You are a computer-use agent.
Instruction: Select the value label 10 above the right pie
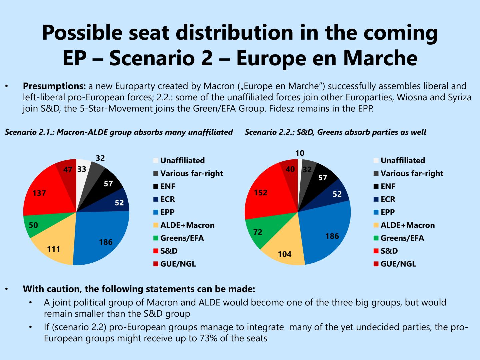click(300, 153)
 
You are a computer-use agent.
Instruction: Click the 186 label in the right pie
click(332, 236)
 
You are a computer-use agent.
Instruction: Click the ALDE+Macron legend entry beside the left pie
click(187, 225)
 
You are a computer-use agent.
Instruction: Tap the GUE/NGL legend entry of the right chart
click(398, 264)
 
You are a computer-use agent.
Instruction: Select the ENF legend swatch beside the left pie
click(156, 186)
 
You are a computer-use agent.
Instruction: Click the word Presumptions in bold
click(54, 86)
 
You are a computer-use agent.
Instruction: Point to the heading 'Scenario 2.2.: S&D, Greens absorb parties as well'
click(335, 132)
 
